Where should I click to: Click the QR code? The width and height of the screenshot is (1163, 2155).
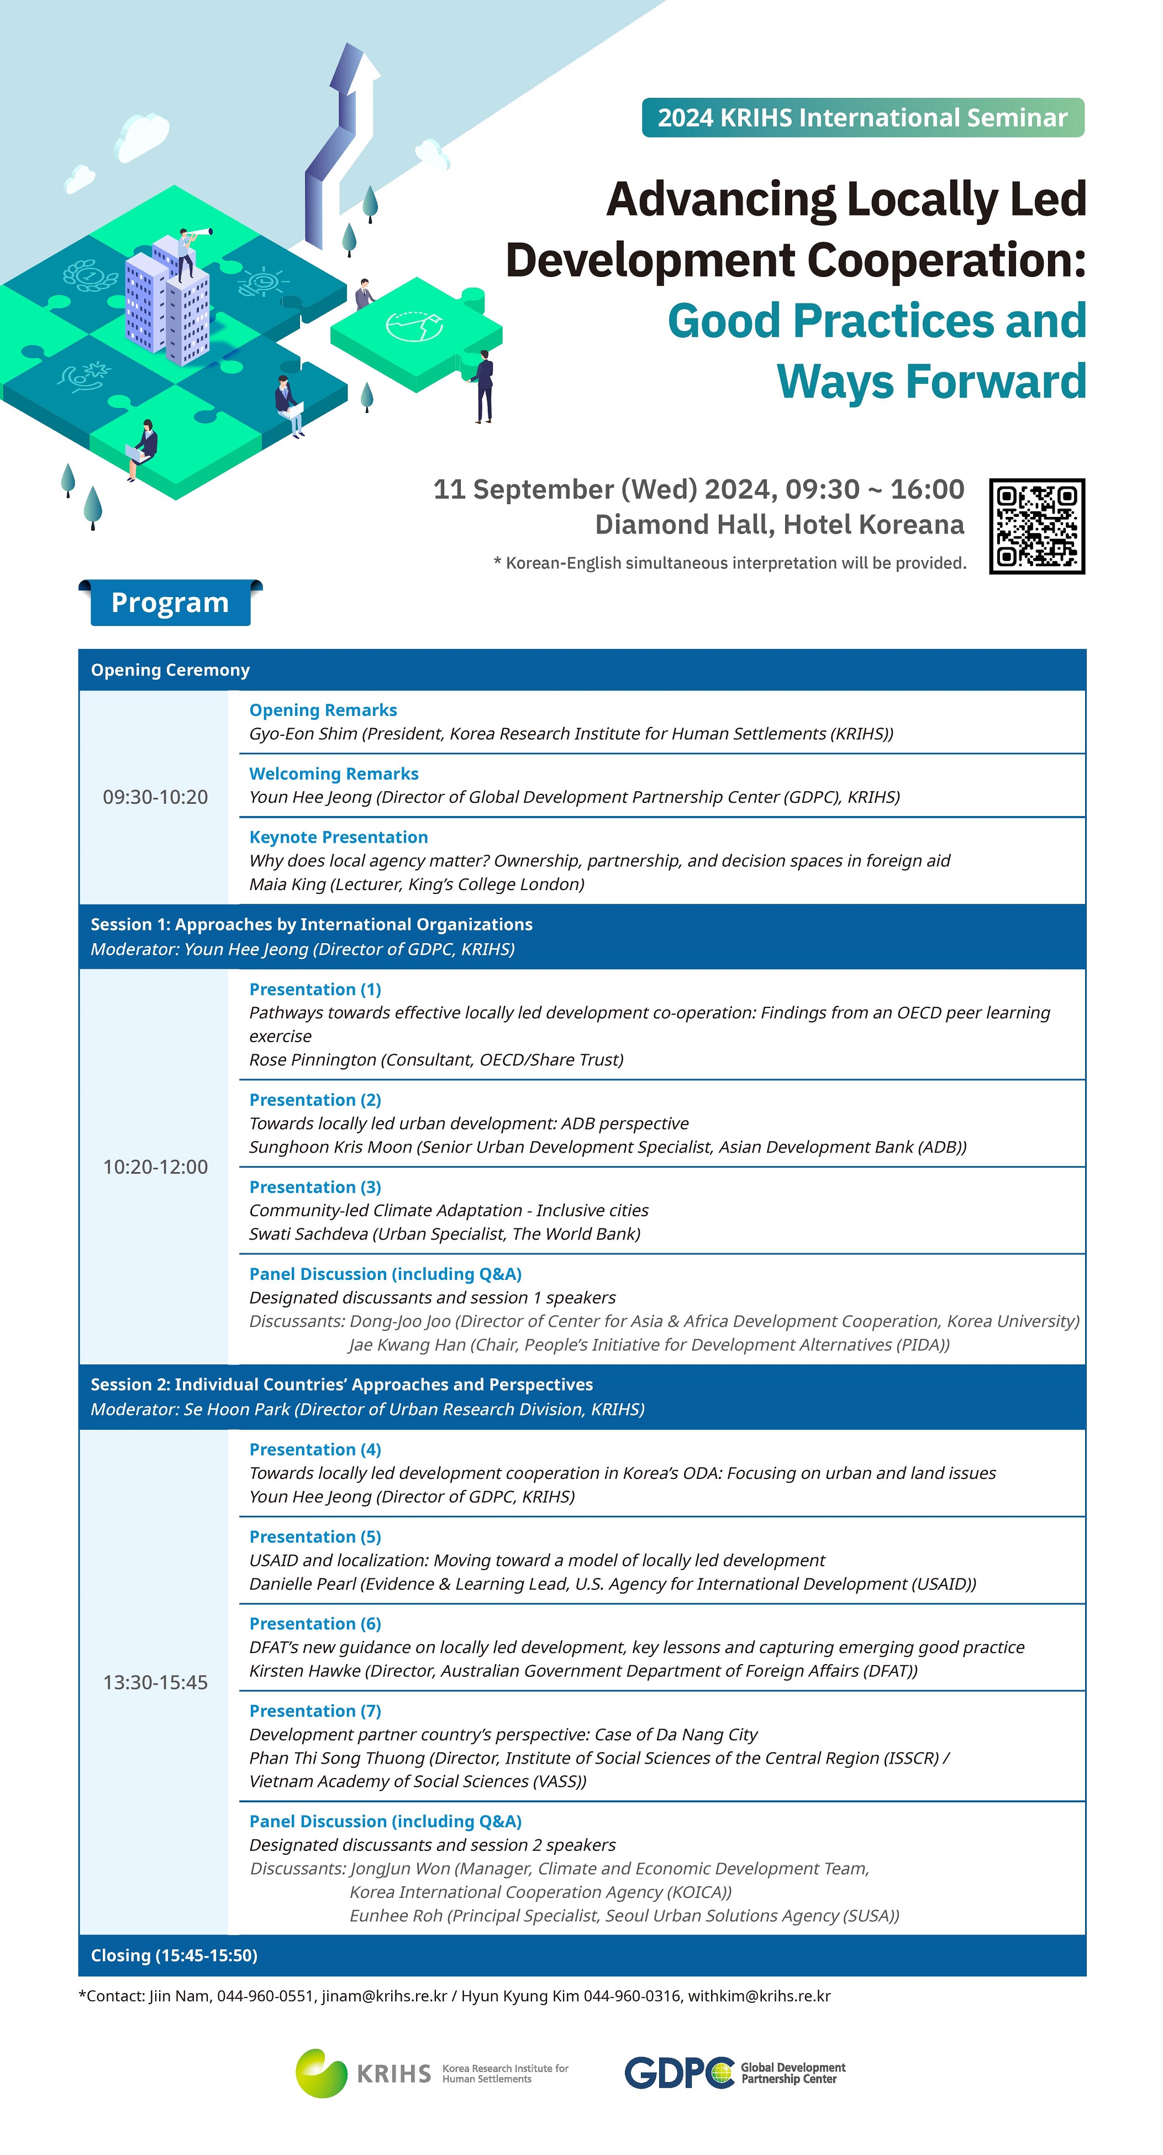tap(1036, 526)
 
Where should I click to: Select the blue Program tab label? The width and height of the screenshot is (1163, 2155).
tap(170, 603)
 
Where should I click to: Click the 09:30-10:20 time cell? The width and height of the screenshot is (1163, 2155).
tap(155, 797)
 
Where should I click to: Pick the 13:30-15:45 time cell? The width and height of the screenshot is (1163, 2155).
tap(155, 1682)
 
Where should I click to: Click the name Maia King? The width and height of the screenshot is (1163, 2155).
tap(287, 884)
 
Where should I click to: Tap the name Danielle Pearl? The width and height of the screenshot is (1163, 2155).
tap(298, 1583)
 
